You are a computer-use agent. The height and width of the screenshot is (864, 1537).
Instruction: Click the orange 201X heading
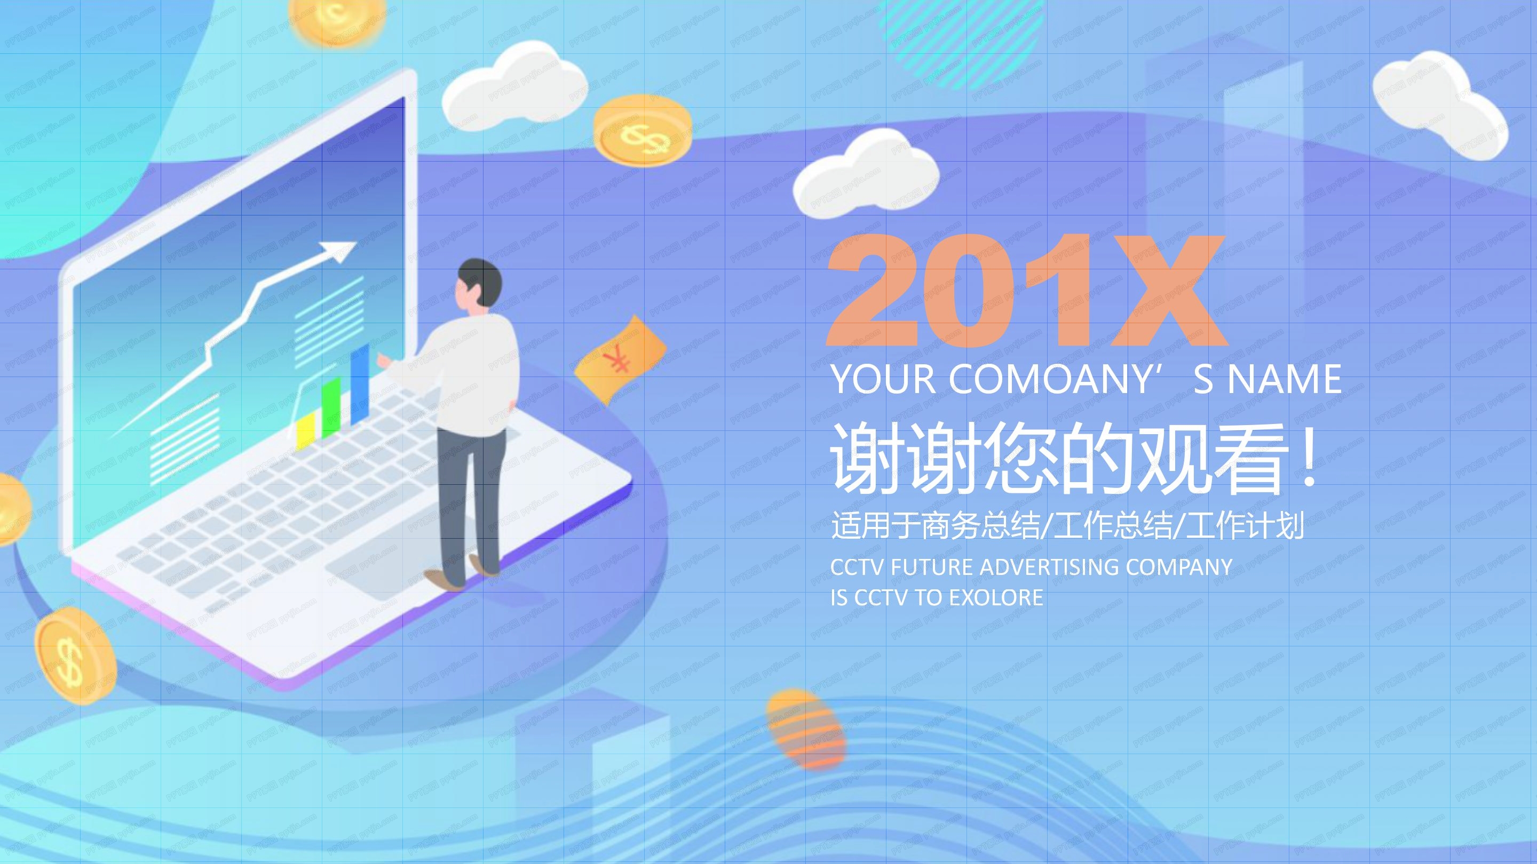pyautogui.click(x=1026, y=290)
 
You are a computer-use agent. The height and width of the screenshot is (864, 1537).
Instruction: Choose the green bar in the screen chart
pyautogui.click(x=330, y=408)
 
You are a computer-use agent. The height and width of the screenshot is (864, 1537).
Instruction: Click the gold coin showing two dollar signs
pyautogui.click(x=643, y=131)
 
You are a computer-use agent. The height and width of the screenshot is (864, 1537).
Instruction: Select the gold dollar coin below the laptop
pyautogui.click(x=74, y=655)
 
